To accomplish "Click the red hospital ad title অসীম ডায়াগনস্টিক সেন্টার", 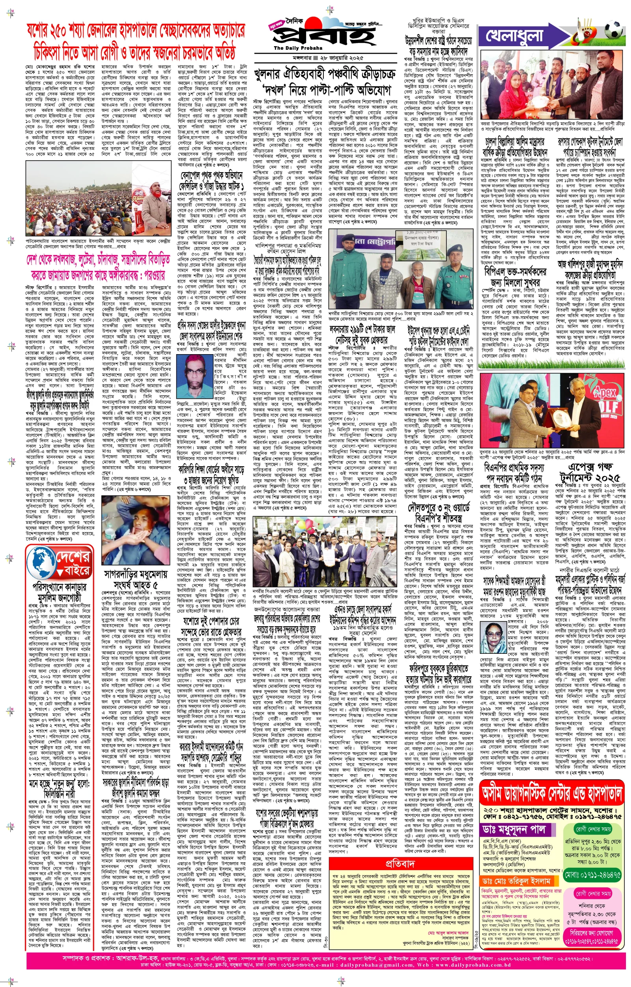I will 551,795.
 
